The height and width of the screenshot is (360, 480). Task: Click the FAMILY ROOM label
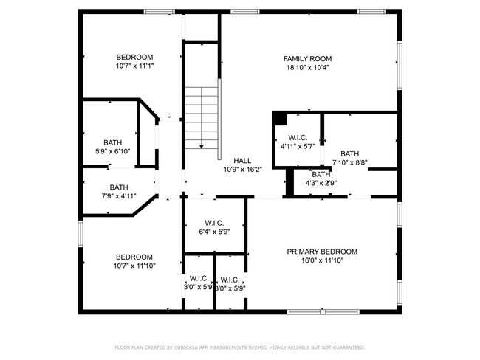(307, 59)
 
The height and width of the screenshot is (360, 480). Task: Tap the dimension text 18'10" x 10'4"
(307, 68)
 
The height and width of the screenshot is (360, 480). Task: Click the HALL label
(242, 160)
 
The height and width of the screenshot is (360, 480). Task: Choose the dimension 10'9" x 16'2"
(242, 169)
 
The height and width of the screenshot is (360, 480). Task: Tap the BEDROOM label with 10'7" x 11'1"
(134, 58)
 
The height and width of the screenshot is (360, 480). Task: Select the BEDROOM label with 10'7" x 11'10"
(134, 257)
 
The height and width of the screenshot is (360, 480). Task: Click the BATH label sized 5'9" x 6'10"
(113, 142)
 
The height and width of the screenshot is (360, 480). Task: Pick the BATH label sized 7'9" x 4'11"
(118, 187)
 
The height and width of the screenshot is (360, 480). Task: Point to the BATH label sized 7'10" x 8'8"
(349, 153)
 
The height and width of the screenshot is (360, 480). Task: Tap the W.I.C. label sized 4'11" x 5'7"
(298, 137)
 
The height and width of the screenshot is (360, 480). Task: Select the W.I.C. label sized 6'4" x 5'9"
(213, 223)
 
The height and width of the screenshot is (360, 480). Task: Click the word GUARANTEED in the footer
(349, 347)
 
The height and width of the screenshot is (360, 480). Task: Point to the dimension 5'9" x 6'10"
(113, 151)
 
